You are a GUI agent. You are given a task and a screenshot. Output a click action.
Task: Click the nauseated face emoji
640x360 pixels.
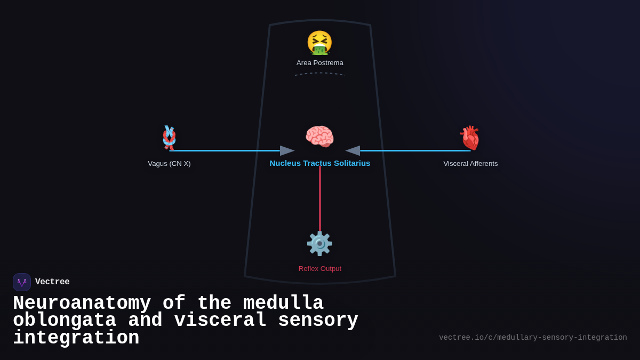pos(319,43)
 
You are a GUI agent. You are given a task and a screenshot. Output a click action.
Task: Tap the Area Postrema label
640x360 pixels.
pos(320,63)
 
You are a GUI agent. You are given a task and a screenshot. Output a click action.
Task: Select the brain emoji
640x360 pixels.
pos(319,137)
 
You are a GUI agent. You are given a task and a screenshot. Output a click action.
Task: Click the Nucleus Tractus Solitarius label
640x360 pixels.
pos(320,163)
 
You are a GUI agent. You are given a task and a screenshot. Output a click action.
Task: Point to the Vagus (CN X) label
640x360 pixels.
pos(169,164)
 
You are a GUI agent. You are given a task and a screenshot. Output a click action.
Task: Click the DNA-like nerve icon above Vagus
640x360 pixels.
pos(169,137)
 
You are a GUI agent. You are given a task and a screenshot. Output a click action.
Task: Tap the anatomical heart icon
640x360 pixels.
pos(470,138)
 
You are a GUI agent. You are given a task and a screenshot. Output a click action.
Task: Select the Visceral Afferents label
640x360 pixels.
pos(470,164)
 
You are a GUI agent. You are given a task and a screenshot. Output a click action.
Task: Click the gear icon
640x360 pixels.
pos(319,244)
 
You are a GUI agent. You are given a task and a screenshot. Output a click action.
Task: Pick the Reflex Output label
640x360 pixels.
pos(320,269)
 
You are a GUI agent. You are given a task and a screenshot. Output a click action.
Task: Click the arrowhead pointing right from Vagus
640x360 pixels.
pos(287,151)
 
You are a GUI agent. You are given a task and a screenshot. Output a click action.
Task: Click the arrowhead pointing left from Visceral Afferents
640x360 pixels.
pos(353,151)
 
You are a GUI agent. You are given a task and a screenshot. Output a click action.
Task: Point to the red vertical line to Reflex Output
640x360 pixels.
pos(320,197)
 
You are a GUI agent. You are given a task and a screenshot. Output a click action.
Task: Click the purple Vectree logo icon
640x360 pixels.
pos(22,282)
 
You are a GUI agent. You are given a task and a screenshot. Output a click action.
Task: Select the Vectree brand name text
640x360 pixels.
pos(52,282)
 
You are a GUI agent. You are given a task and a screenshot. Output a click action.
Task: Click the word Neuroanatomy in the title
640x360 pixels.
pos(82,303)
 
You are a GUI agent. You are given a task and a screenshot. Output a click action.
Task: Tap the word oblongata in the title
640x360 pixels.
pos(65,321)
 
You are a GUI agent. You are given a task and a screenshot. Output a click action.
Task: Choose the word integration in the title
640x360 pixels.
pos(76,338)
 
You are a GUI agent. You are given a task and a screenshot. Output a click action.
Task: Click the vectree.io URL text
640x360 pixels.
pos(533,338)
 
